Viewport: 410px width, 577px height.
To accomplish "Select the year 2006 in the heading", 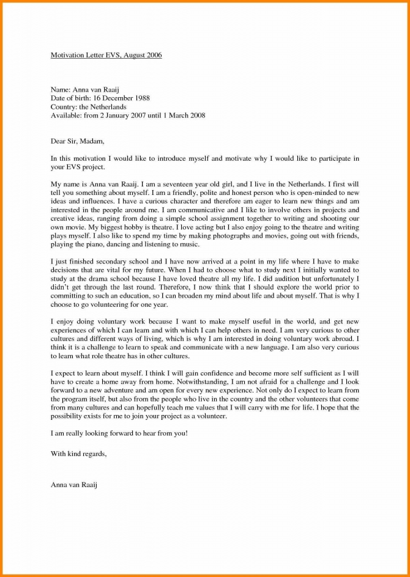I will pos(154,56).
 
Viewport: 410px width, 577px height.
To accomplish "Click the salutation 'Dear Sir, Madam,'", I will pos(77,141).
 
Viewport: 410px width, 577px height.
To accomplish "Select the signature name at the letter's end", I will pos(75,485).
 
